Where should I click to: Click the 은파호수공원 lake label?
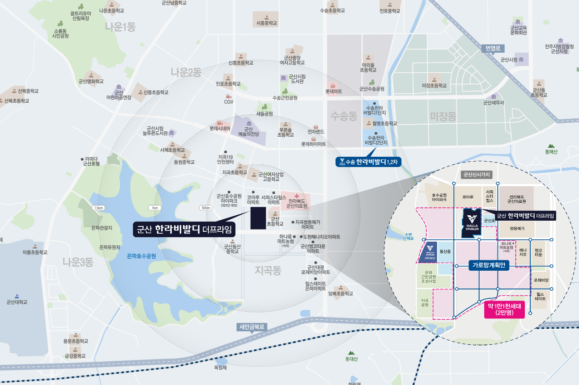[141, 256]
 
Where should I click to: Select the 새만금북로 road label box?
[252, 327]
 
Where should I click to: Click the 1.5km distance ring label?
[98, 208]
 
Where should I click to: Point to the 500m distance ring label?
[206, 208]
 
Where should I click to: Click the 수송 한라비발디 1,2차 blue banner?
[368, 162]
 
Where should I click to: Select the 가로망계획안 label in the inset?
[489, 265]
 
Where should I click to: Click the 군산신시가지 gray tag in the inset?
[476, 175]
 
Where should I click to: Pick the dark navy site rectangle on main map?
[258, 218]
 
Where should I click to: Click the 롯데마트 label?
[333, 91]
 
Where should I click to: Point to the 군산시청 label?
[509, 59]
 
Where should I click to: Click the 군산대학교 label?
[17, 302]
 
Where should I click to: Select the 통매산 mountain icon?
[551, 146]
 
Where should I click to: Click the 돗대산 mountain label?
[351, 359]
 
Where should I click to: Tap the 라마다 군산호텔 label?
[91, 161]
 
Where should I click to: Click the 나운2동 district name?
[186, 72]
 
